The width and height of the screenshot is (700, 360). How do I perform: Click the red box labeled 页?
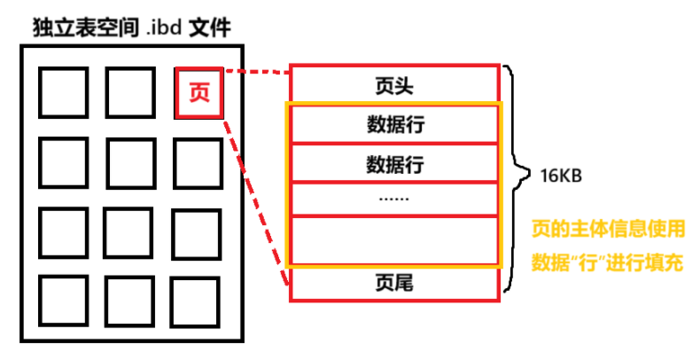coord(199,92)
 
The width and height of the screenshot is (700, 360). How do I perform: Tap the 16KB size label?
coord(560,175)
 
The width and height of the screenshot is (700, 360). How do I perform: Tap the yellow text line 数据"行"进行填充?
coord(608,262)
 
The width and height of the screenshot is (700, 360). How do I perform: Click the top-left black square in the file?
coord(64,92)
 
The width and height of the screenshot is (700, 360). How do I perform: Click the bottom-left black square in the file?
coord(64,300)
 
